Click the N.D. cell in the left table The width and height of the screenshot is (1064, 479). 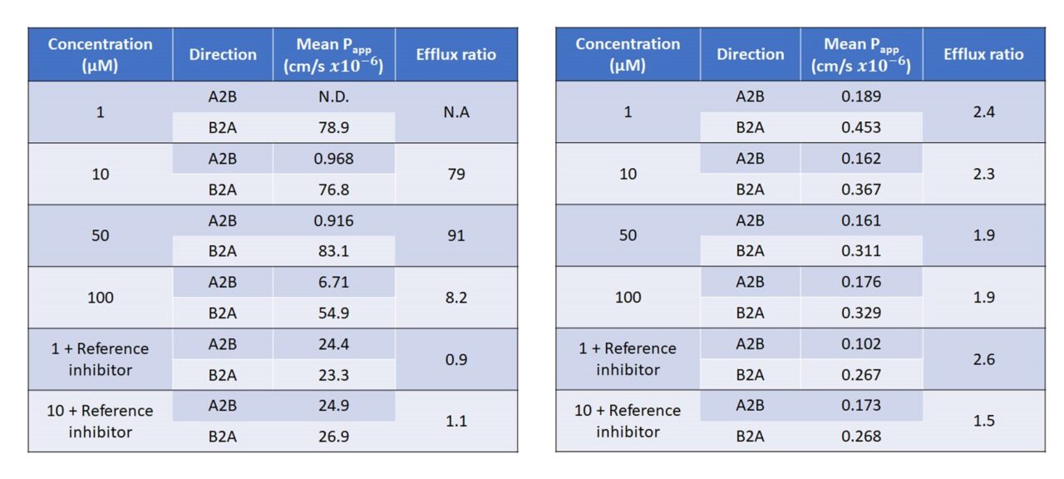coord(333,96)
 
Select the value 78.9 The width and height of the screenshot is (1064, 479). coord(333,127)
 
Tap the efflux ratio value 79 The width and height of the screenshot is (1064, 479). coord(456,174)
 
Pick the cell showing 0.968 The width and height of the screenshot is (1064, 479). coord(333,158)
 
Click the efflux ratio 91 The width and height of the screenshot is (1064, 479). coord(456,235)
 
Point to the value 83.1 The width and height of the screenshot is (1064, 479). coord(333,251)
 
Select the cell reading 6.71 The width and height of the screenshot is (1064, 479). coord(333,282)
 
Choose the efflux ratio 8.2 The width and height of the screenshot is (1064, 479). coord(456,297)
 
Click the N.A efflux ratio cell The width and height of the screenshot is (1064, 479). coord(456,112)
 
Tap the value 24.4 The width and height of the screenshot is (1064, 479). coord(333,343)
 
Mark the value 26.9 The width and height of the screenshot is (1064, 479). coord(333,437)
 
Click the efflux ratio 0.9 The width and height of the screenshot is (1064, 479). coord(456,359)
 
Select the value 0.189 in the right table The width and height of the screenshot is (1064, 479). coord(861,96)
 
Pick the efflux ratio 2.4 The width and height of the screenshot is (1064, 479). coord(984,112)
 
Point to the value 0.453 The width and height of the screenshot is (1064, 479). coord(861,127)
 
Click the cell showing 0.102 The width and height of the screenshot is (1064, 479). coord(861,343)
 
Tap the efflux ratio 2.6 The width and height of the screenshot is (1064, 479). coord(984,359)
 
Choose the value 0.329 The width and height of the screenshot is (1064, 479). coord(861,313)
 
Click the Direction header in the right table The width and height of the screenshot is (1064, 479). coord(750,55)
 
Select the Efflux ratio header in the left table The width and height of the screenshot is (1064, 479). coord(456,55)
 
